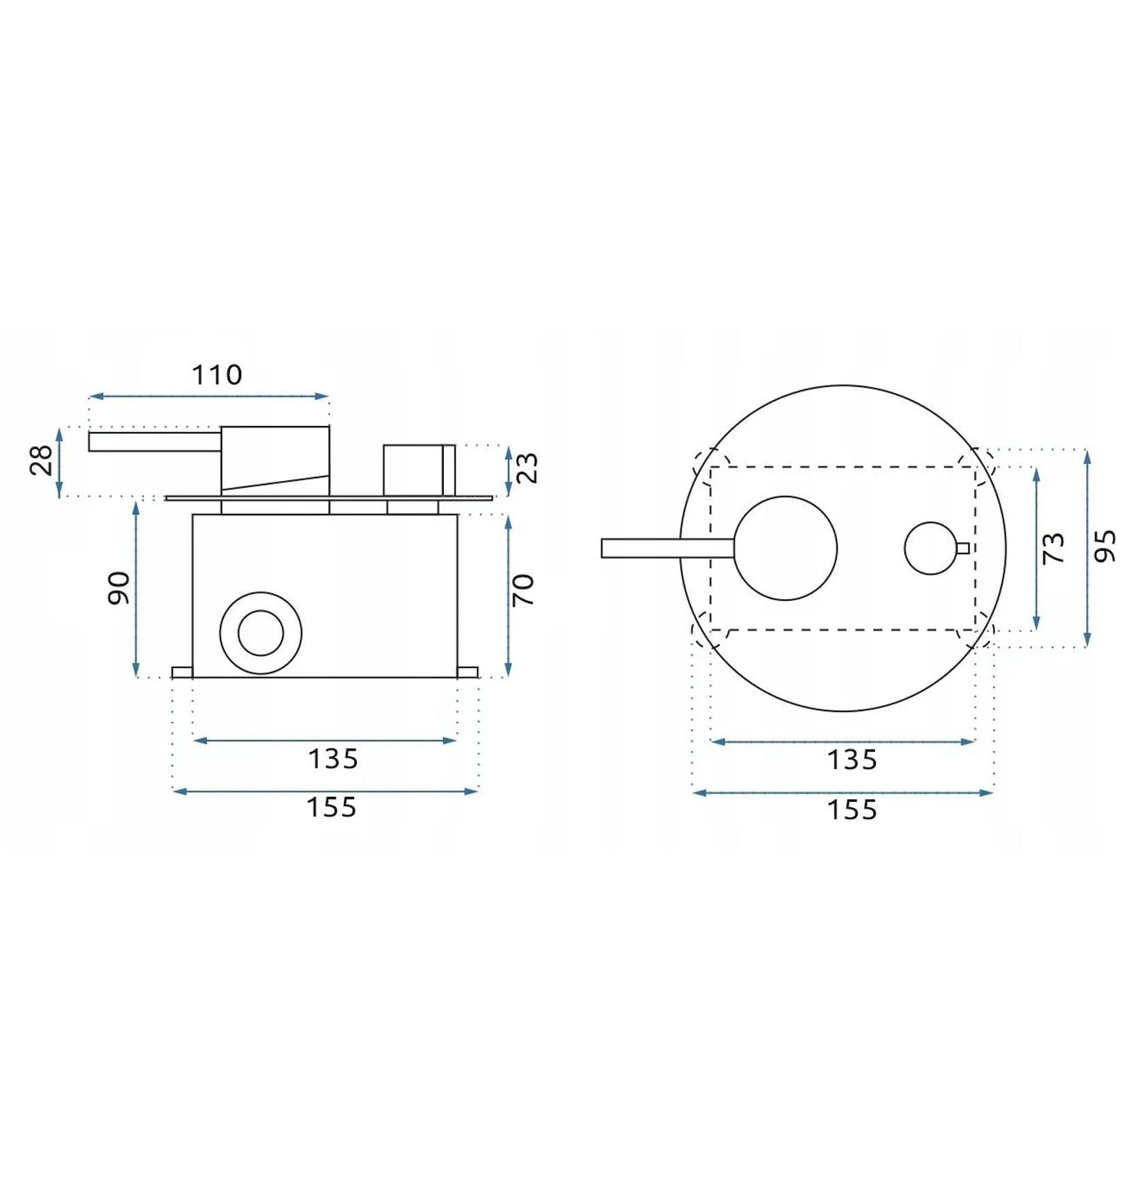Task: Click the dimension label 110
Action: [x=217, y=375]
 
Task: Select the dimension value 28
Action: [x=42, y=460]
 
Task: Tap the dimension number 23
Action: [x=526, y=467]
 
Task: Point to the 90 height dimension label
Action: [x=119, y=587]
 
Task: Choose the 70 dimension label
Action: [x=523, y=590]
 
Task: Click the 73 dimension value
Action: [x=1053, y=548]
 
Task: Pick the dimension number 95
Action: [x=1105, y=546]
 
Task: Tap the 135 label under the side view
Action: [x=333, y=759]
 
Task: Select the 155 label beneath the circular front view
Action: [x=852, y=810]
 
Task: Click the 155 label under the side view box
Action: [x=332, y=807]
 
